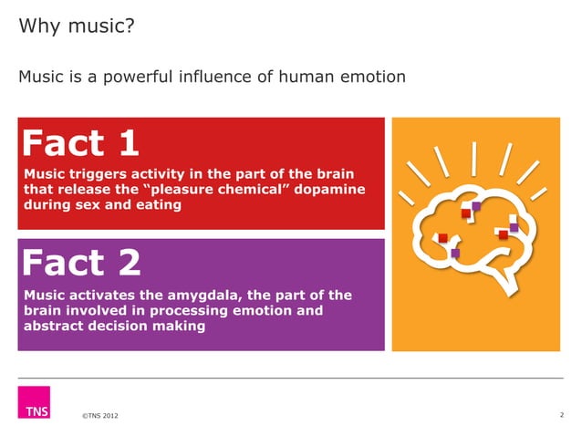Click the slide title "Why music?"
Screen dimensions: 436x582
(x=77, y=26)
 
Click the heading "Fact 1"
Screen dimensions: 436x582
(x=80, y=143)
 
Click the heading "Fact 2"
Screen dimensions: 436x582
(x=81, y=263)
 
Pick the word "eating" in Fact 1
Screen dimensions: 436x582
(x=157, y=204)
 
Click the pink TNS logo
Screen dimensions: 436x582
(x=34, y=401)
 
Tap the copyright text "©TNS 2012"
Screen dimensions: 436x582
(x=99, y=417)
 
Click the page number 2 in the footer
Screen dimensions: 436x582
(x=561, y=415)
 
